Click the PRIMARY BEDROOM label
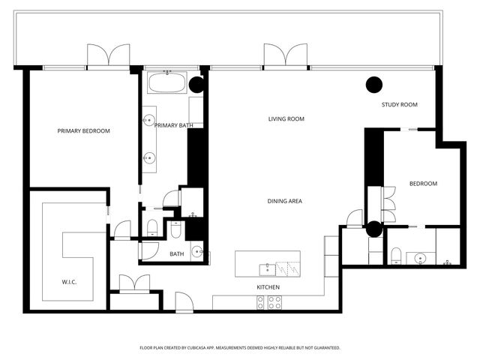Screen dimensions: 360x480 point(84,131)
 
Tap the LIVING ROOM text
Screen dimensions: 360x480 point(286,119)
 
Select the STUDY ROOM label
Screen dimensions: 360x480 point(399,105)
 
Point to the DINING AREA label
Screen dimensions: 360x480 point(285,201)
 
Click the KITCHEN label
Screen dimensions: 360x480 point(268,287)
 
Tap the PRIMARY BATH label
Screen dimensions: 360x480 point(170,125)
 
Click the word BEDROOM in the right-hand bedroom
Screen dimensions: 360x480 point(423,184)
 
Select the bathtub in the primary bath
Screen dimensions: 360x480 point(167,82)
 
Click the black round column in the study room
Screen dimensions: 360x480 point(373,85)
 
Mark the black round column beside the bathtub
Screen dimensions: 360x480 point(196,85)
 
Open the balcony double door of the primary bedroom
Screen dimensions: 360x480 point(109,57)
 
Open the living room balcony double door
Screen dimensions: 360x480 point(285,57)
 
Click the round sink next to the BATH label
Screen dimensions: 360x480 point(196,253)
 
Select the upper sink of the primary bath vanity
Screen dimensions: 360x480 point(149,120)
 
